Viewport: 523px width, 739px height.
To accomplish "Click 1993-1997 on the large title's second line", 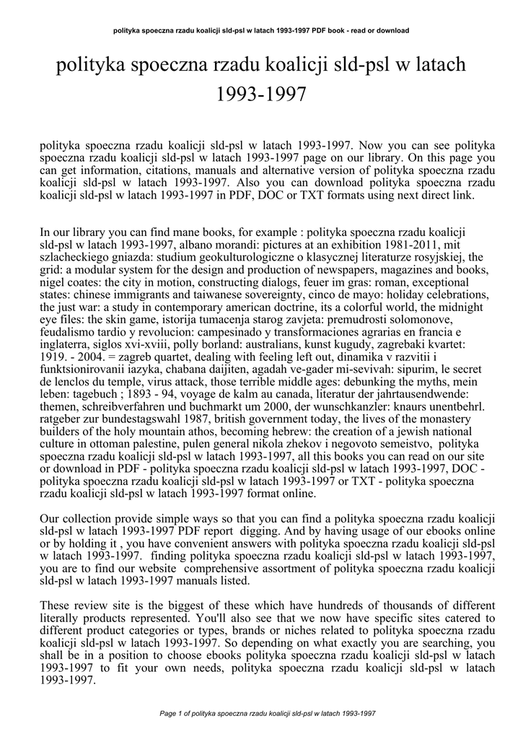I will [x=261, y=94].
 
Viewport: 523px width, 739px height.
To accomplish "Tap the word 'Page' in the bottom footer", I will [x=169, y=714].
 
